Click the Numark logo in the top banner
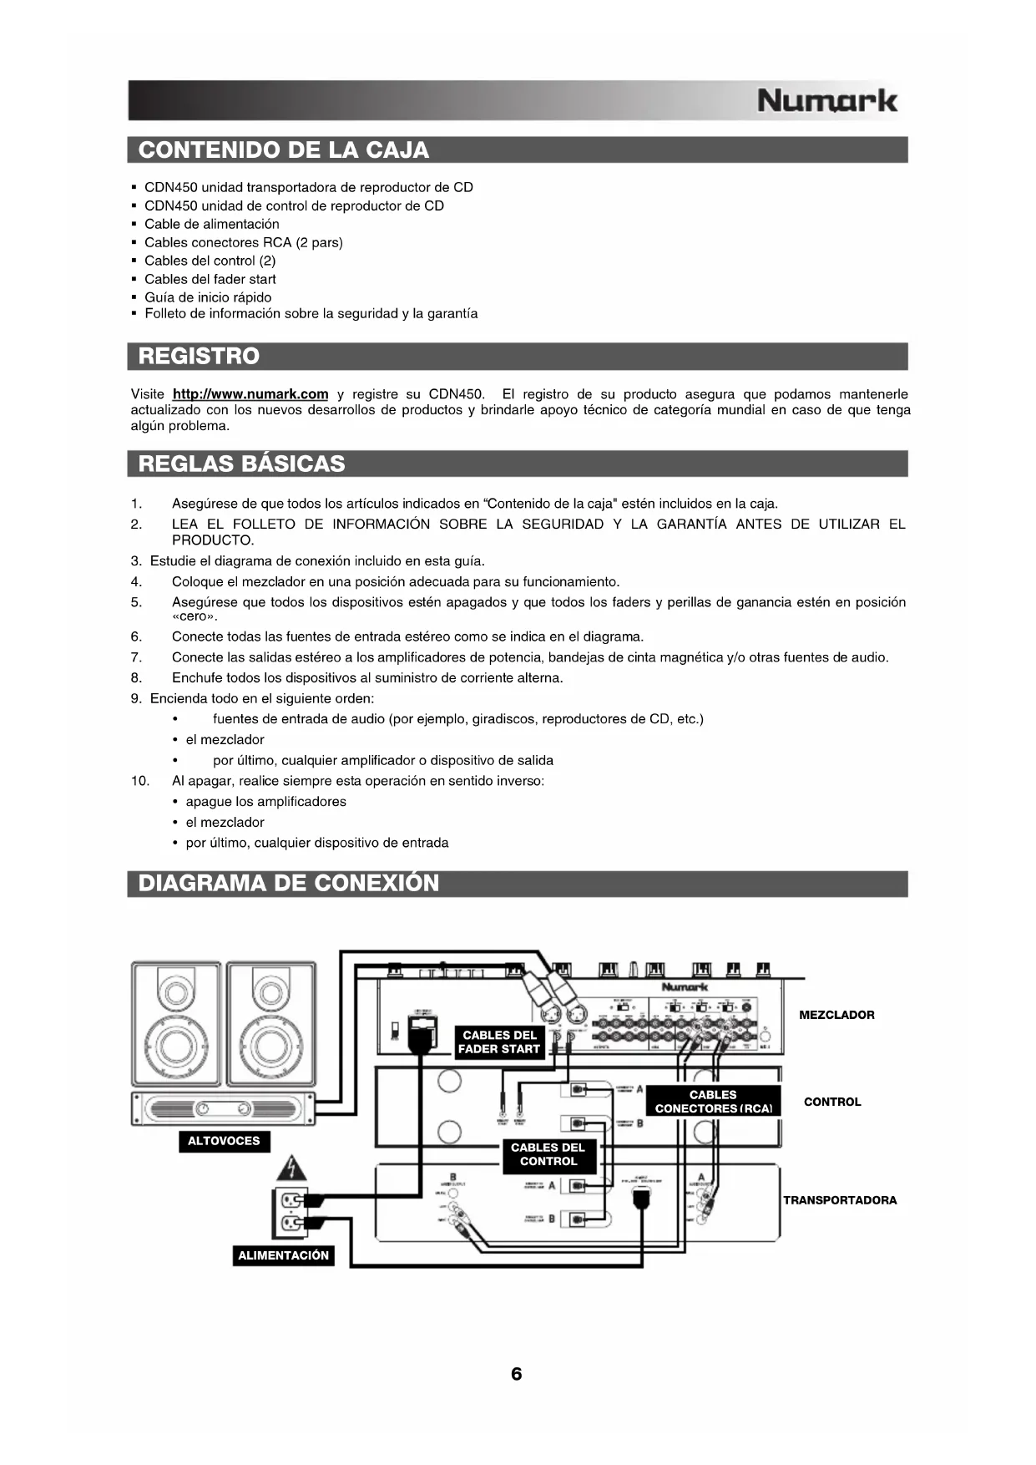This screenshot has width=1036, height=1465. (x=826, y=101)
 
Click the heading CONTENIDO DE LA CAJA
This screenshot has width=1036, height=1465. (x=284, y=150)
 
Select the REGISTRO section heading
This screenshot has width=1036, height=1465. (x=199, y=357)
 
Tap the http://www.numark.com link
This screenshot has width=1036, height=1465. (x=250, y=394)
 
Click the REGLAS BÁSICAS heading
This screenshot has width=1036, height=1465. (x=241, y=464)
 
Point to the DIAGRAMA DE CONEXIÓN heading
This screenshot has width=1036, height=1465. (x=288, y=884)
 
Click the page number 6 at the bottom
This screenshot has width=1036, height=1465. (x=517, y=1374)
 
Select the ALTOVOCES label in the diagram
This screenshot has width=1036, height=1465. (x=224, y=1142)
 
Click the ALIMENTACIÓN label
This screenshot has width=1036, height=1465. (x=284, y=1256)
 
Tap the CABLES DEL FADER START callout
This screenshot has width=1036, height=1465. (x=499, y=1042)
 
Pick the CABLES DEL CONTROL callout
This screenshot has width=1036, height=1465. (x=548, y=1154)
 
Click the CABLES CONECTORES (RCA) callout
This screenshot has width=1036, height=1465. (x=713, y=1102)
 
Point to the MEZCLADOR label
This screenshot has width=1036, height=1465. (x=836, y=1016)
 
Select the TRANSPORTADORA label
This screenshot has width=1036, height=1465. (x=840, y=1201)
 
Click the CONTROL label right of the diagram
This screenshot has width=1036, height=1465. (x=832, y=1103)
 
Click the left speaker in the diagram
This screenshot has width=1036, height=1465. (x=176, y=1024)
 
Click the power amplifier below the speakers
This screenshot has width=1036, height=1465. (x=223, y=1109)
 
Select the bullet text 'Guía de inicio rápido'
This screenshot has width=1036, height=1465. (x=208, y=297)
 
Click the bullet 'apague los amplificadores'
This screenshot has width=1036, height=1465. (x=265, y=802)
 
